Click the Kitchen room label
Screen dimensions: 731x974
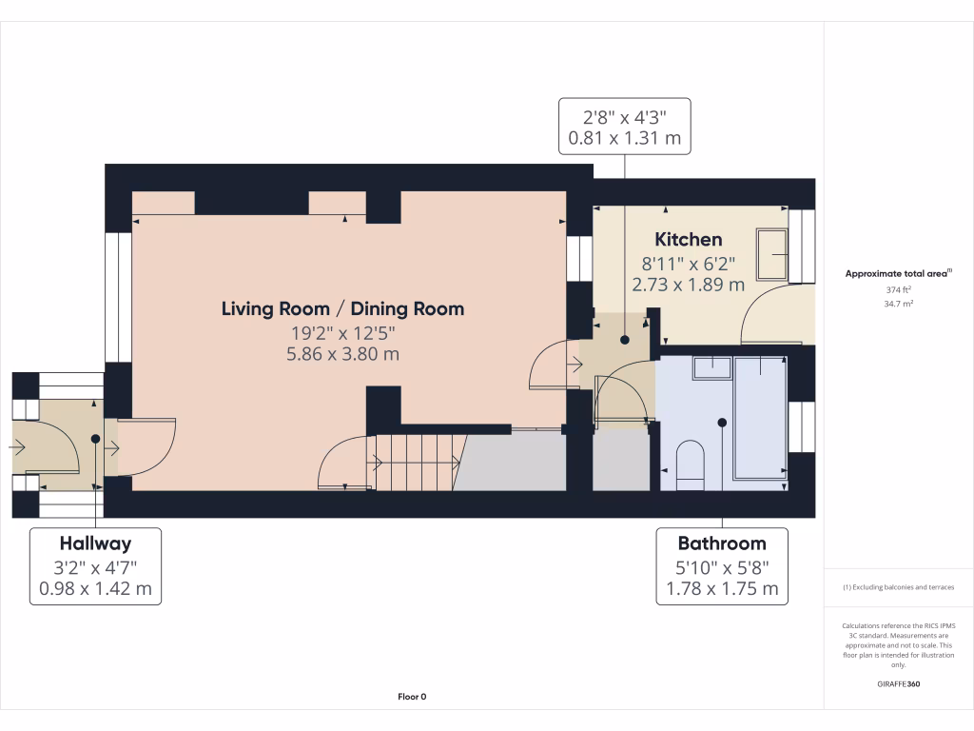pos(688,239)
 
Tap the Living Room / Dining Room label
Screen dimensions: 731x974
pos(342,308)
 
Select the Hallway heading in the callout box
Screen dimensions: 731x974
pos(95,543)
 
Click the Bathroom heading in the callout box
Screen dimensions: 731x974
pos(721,543)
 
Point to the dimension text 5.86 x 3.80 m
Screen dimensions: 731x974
pos(342,354)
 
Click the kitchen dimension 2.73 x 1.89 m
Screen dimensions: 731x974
pos(688,284)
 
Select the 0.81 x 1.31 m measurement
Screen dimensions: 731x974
pos(624,139)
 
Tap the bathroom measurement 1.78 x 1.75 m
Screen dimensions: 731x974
pos(721,588)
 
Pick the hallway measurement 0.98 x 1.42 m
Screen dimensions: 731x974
pos(95,588)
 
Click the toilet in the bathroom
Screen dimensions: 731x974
pos(689,464)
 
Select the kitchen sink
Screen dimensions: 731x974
pos(771,254)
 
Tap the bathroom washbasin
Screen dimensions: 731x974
pos(711,367)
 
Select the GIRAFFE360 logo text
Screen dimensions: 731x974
pos(898,684)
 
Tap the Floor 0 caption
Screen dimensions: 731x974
pos(411,697)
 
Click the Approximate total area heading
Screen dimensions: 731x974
pos(897,274)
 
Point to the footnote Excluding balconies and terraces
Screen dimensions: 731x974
pos(898,587)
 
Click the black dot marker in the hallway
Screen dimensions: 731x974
pos(95,439)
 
